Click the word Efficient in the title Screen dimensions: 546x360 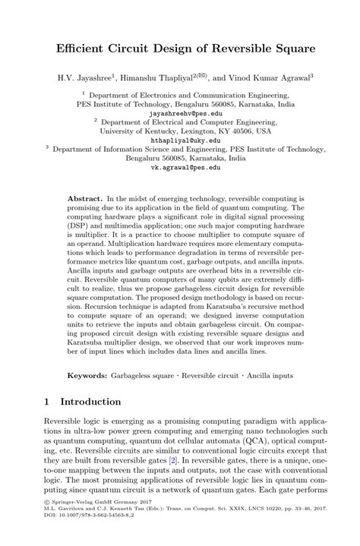coord(81,49)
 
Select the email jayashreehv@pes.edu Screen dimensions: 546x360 coord(180,112)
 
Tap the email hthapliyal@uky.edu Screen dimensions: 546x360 coord(180,140)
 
